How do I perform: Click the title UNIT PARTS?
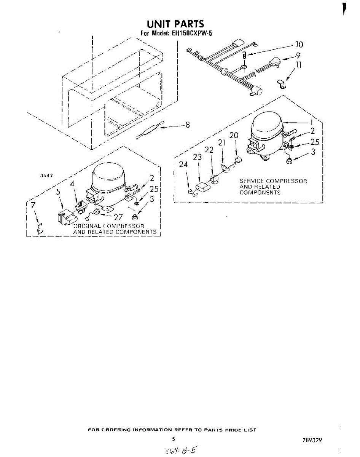(x=175, y=25)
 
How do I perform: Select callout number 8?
(x=187, y=125)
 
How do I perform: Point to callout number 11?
(x=299, y=65)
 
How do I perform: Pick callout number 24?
(x=184, y=165)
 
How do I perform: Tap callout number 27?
(x=118, y=217)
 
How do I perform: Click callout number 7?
(x=33, y=205)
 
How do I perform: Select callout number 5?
(x=58, y=192)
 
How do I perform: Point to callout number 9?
(x=298, y=55)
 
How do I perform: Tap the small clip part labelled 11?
(x=281, y=83)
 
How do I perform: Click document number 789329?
(x=311, y=440)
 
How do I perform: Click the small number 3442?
(x=46, y=176)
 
